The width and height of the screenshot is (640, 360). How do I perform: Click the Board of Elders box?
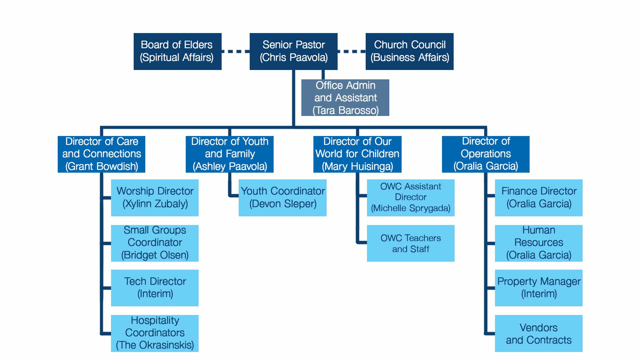(x=177, y=51)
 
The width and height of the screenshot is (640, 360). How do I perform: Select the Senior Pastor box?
(x=293, y=51)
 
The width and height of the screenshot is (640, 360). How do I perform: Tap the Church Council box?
(x=409, y=51)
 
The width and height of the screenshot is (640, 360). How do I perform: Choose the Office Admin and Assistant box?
(x=345, y=97)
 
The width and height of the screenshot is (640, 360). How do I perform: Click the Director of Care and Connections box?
(x=101, y=154)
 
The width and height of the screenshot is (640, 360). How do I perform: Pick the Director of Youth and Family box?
(x=230, y=154)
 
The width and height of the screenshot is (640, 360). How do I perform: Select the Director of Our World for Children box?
(x=357, y=154)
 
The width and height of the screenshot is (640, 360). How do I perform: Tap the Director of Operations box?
(x=486, y=154)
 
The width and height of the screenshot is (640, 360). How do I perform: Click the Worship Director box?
(x=155, y=198)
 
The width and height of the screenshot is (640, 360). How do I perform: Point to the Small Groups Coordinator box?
(x=155, y=243)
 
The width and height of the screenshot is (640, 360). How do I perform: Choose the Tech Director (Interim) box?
(x=155, y=288)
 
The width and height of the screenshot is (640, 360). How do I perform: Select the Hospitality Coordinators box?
(x=155, y=333)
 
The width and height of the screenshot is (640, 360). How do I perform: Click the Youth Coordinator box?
(x=283, y=198)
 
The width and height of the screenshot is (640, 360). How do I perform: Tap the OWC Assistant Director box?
(x=411, y=198)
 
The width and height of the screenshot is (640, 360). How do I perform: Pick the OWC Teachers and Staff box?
(x=411, y=243)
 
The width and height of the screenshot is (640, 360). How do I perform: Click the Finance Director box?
(x=539, y=198)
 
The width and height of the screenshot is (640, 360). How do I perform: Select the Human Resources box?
(x=539, y=243)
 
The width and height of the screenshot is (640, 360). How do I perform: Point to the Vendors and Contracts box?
(x=539, y=333)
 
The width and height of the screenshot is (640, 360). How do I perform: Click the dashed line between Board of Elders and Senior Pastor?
(x=235, y=51)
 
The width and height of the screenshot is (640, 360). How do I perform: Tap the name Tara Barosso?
(x=346, y=110)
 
